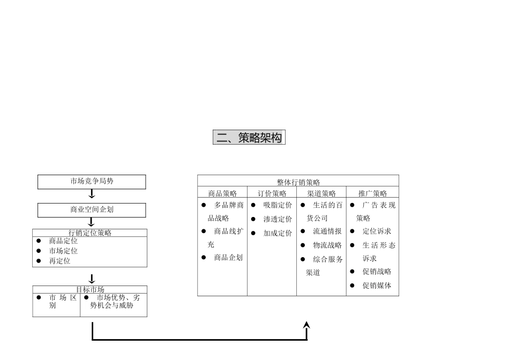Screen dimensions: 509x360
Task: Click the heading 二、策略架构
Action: click(x=249, y=138)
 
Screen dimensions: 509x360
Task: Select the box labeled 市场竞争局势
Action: click(x=92, y=182)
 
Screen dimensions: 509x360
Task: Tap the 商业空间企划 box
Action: click(x=92, y=210)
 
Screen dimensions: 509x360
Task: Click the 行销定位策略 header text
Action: click(x=90, y=233)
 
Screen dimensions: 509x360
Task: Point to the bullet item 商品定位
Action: click(x=63, y=241)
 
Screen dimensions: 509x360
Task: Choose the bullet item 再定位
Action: click(x=59, y=261)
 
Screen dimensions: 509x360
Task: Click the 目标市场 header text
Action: click(x=90, y=290)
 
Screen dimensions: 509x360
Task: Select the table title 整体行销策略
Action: click(x=298, y=183)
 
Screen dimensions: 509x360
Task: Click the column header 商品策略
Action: click(x=222, y=193)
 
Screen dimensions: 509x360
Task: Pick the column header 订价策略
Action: click(x=272, y=193)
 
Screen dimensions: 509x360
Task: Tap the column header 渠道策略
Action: click(x=321, y=193)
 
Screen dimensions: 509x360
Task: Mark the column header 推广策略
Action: click(x=372, y=193)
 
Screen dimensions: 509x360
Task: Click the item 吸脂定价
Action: click(x=278, y=205)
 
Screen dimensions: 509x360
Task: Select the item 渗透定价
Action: click(x=278, y=219)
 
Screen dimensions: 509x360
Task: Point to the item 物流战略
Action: click(x=327, y=245)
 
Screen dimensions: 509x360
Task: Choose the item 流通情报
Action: click(x=327, y=231)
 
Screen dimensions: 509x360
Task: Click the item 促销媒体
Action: click(x=377, y=286)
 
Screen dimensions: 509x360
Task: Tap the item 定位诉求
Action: click(x=377, y=231)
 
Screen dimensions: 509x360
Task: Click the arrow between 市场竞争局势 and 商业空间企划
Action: click(x=92, y=194)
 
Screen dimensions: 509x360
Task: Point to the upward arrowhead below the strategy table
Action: click(x=306, y=325)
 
